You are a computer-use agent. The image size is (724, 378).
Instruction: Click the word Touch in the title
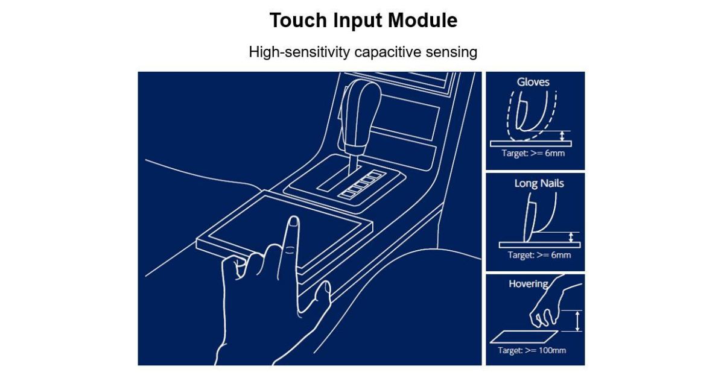point(298,20)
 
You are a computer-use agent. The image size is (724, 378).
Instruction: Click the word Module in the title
point(422,20)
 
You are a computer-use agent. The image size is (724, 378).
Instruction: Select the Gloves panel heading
point(533,82)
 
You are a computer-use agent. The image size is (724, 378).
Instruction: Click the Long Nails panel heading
point(539,183)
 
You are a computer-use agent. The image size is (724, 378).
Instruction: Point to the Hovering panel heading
point(528,284)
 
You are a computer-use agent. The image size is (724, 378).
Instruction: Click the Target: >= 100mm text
point(532,350)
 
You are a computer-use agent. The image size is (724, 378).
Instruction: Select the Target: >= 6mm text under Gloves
point(533,153)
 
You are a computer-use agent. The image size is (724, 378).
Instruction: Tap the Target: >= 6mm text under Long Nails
point(539,255)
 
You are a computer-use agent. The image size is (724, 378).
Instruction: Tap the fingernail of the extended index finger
point(293,221)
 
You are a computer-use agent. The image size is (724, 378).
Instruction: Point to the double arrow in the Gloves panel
point(562,136)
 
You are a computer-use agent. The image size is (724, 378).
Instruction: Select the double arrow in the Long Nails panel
point(571,238)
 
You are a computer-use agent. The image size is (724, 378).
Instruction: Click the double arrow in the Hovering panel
point(577,321)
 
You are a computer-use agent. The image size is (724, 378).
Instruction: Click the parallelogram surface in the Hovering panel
point(524,336)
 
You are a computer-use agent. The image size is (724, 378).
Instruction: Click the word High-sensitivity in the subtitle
point(299,52)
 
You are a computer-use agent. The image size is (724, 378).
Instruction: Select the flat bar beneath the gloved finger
point(531,143)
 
